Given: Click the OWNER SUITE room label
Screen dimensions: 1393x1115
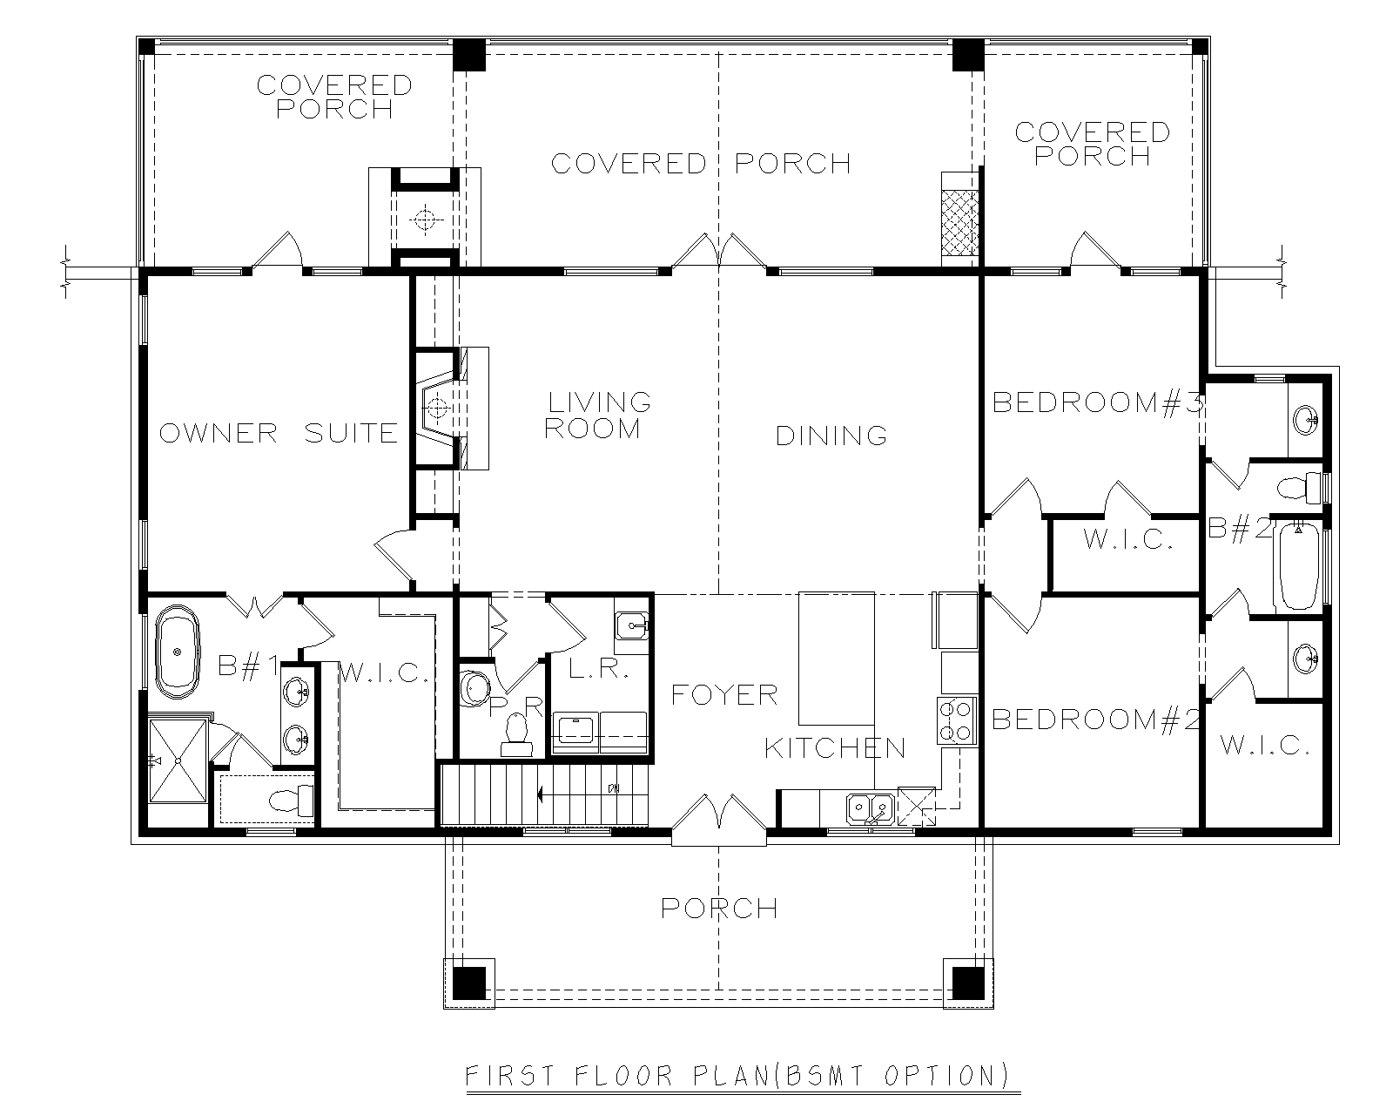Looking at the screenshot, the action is coord(279,434).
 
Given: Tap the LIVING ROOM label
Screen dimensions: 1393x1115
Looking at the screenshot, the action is coord(597,416).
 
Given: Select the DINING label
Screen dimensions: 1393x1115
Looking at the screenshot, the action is coord(831,436).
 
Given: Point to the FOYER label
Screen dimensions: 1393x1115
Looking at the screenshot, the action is coord(724,695).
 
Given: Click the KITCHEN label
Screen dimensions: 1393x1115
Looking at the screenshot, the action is coord(835,748).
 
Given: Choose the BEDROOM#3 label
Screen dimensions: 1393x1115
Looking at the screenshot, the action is coord(1098,403).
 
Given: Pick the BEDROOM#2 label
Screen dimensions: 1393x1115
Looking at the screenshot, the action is coord(1096,720).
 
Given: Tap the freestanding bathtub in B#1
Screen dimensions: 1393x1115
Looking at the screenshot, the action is coord(178,652).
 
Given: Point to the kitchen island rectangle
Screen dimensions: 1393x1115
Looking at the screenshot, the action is coord(837,659).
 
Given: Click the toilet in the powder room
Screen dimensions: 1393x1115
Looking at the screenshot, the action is coord(516,735).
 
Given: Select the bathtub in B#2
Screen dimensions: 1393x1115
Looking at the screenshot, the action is coord(1299,568).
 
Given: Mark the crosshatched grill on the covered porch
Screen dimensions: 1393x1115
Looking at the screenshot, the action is coord(959,222).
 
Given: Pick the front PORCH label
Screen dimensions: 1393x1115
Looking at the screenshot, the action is coord(719,909).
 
